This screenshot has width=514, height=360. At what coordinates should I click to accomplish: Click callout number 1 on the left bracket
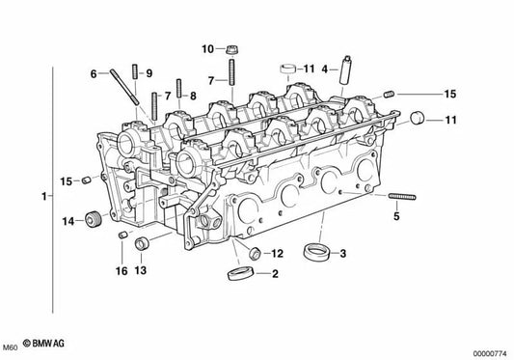pos(43,197)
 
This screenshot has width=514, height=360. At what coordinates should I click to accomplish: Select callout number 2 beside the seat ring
pos(275,275)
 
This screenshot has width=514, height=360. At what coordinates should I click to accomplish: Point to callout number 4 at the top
pos(325,69)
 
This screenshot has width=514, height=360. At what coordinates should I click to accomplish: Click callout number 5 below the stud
pos(394,217)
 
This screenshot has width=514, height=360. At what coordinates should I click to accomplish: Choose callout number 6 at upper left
pos(95,73)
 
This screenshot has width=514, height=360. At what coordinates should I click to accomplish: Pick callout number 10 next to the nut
pos(207,48)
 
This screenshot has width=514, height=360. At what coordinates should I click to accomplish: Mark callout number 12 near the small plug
pos(276,254)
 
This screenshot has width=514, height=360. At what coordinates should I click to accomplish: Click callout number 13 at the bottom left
pos(141,270)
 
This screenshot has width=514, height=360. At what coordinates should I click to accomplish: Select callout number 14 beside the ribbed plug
pos(68,222)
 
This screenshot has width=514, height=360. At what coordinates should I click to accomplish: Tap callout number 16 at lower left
pos(122,271)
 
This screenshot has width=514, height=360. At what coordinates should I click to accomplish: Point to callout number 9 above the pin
pos(149,73)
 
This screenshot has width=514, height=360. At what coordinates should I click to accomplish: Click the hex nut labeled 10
pos(232,48)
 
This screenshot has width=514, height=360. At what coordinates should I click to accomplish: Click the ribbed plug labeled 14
pos(94,219)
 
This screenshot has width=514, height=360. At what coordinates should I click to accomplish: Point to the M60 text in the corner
pos(10,346)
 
